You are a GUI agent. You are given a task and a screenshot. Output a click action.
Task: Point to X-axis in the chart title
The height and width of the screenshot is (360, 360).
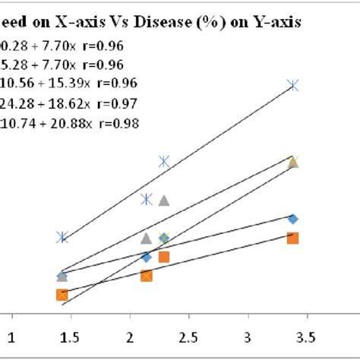pos(84,23)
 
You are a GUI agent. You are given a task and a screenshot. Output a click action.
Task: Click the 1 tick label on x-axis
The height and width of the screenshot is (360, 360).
pos(11,336)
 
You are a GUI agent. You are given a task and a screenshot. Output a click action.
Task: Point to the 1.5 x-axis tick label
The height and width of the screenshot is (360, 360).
pos(71,336)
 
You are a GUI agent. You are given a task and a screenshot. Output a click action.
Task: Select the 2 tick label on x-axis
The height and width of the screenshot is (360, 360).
pos(130,336)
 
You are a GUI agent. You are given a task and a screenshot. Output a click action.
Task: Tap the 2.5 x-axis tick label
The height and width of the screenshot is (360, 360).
pos(188,336)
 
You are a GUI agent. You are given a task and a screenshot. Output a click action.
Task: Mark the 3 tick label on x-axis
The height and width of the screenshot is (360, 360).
pos(248,336)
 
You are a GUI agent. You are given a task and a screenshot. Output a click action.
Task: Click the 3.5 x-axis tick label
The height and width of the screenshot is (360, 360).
pos(306,336)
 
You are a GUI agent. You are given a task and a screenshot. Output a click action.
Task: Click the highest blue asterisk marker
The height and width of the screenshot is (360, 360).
pos(293,87)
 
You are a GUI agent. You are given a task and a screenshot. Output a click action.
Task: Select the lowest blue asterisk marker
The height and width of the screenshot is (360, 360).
pos(62,237)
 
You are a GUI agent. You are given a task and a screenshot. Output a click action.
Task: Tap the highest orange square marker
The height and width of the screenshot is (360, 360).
pos(293,238)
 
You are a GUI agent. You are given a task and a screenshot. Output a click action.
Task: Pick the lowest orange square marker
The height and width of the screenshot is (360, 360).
pos(62,295)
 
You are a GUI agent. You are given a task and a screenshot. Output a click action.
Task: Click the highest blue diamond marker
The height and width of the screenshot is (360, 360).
pos(293,219)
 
